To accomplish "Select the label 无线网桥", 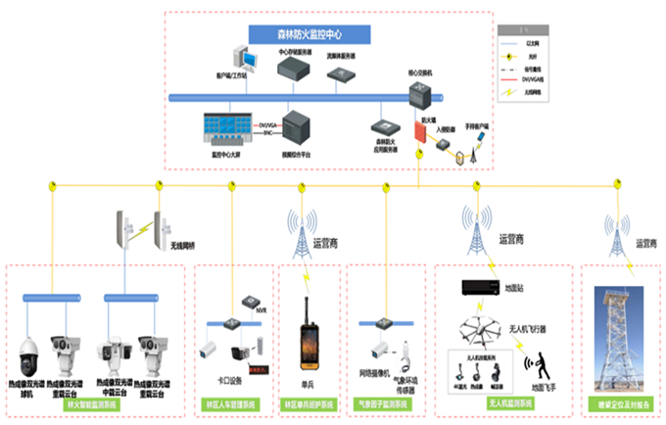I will [184, 246].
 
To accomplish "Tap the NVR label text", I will [261, 309].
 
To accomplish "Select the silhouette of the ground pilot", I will [538, 367].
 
